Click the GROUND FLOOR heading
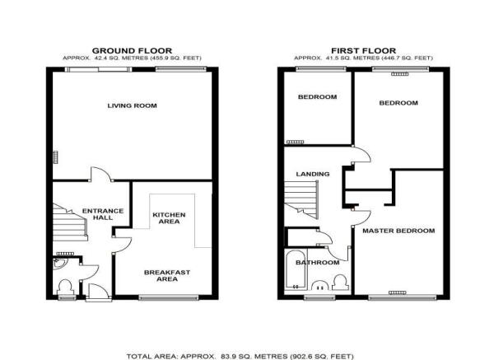click(x=132, y=50)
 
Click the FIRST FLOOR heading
click(x=363, y=50)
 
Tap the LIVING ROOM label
click(x=132, y=105)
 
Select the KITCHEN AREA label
click(x=169, y=218)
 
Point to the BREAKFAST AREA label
click(x=167, y=275)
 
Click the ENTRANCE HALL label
click(x=103, y=214)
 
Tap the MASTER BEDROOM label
click(x=398, y=231)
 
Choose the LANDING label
click(x=313, y=174)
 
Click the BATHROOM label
click(x=318, y=263)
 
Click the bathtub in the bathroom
click(x=296, y=269)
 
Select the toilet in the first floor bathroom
click(x=341, y=283)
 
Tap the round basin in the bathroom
click(x=320, y=286)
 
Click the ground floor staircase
click(x=69, y=222)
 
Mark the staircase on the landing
click(x=301, y=199)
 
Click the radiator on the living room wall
click(x=56, y=157)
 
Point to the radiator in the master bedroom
click(x=398, y=292)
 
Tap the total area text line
click(x=240, y=357)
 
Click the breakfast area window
click(x=169, y=297)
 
